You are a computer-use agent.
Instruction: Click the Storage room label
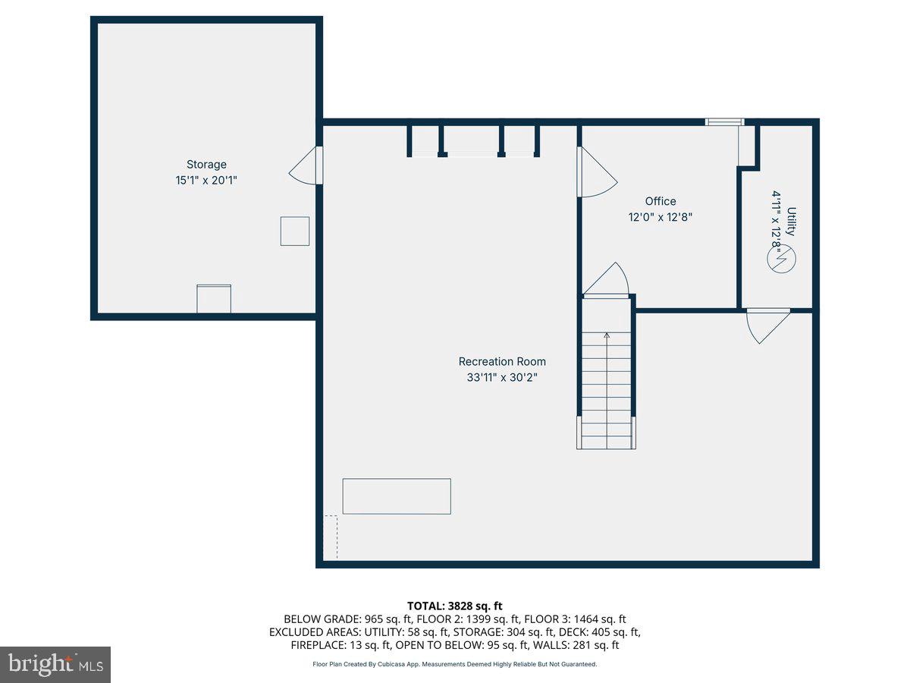tap(206, 165)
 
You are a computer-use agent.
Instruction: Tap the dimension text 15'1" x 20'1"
tap(206, 181)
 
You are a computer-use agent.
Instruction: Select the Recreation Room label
tap(501, 362)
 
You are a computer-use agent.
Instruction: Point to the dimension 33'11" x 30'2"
tap(501, 377)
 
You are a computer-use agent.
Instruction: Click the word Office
tap(660, 201)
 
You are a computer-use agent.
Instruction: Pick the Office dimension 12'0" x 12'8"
tap(660, 217)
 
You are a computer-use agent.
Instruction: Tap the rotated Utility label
tap(791, 222)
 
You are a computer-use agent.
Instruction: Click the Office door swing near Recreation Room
tap(596, 173)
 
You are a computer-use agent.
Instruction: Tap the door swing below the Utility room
tap(766, 325)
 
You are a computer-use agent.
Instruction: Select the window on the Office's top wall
tap(724, 121)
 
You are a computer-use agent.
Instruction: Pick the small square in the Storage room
tap(294, 231)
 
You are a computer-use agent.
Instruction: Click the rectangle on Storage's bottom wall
tap(214, 298)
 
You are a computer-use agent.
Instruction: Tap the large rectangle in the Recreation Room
tap(397, 496)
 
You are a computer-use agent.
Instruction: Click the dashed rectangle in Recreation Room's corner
tap(331, 537)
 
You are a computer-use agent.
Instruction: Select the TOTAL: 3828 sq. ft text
tap(455, 606)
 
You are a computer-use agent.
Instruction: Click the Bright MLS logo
tap(55, 665)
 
